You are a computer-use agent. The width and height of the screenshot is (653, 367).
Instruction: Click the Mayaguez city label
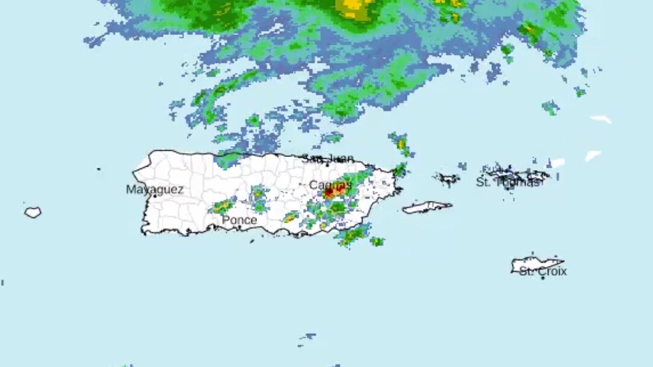pos(154,189)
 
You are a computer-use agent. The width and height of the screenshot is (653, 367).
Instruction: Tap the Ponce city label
pos(239,220)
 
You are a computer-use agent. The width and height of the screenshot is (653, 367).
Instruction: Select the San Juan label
pos(328,159)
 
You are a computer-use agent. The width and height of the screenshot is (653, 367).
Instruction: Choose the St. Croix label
pos(543,272)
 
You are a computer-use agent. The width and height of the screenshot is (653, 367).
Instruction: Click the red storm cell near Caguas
pos(329,193)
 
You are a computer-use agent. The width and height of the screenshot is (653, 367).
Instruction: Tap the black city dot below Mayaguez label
pos(155,196)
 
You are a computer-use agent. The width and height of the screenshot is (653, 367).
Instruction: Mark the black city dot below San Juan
pos(327,165)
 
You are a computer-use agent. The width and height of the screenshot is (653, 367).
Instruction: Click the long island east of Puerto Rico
pos(427,208)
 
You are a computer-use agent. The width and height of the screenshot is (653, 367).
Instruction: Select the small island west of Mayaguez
pos(33,212)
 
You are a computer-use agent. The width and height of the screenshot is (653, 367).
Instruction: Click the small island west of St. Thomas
pos(447,178)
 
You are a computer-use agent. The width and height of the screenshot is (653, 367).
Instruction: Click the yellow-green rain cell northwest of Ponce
pos(223,206)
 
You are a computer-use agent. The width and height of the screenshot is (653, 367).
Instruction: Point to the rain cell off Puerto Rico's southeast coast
pos(354,235)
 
